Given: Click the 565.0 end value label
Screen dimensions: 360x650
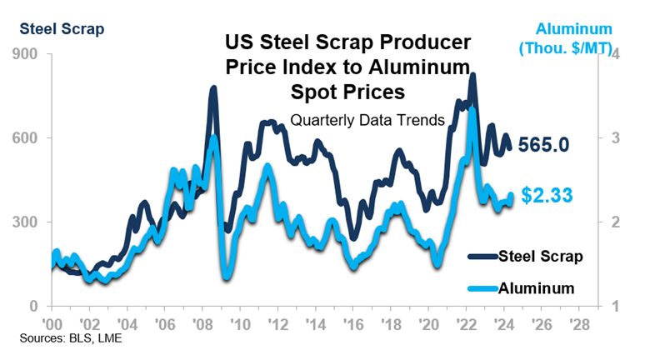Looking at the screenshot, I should [543, 145].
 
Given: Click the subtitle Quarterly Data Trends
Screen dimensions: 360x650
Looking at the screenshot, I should [367, 120].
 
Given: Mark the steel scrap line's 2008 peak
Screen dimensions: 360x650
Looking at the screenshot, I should [213, 87].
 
